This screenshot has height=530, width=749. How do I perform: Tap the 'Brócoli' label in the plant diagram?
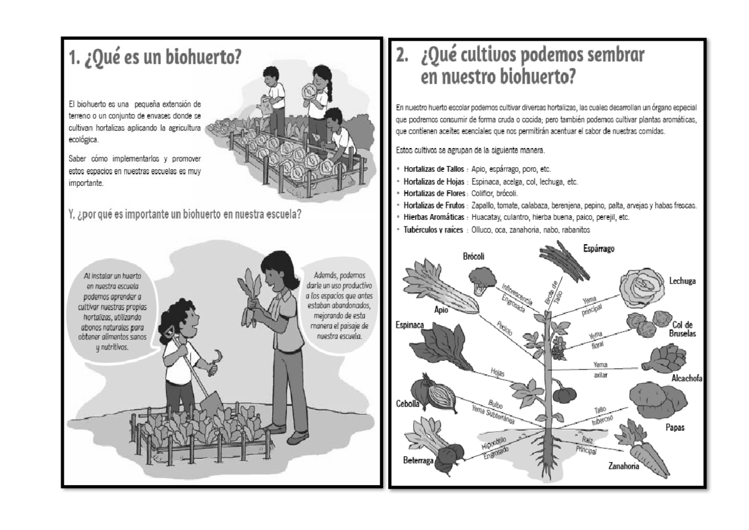pos(474,257)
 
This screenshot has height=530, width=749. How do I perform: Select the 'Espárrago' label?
pos(599,248)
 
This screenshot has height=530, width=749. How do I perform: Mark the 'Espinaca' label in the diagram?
pos(409,325)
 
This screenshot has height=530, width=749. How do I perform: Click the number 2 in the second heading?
pos(402,57)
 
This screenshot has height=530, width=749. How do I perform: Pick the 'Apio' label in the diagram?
pos(442,309)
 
